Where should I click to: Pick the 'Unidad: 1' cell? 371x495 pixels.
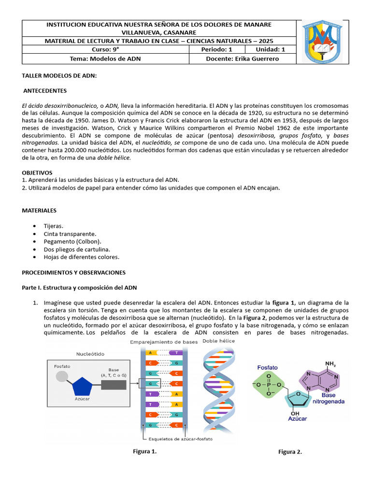pyautogui.click(x=270, y=49)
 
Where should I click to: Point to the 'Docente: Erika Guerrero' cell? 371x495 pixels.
pyautogui.click(x=242, y=59)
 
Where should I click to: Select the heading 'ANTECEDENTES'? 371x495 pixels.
pyautogui.click(x=45, y=91)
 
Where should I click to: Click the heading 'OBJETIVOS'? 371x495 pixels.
pyautogui.click(x=37, y=173)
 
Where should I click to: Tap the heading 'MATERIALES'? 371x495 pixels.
pyautogui.click(x=39, y=211)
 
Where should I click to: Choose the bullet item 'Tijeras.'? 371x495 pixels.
pyautogui.click(x=54, y=226)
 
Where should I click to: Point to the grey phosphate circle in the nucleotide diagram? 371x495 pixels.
pyautogui.click(x=61, y=377)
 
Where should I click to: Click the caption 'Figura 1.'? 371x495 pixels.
pyautogui.click(x=145, y=451)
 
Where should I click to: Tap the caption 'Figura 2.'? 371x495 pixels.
pyautogui.click(x=290, y=452)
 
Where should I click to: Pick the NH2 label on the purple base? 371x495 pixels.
pyautogui.click(x=330, y=364)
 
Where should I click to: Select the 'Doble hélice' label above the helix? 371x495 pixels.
pyautogui.click(x=219, y=341)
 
